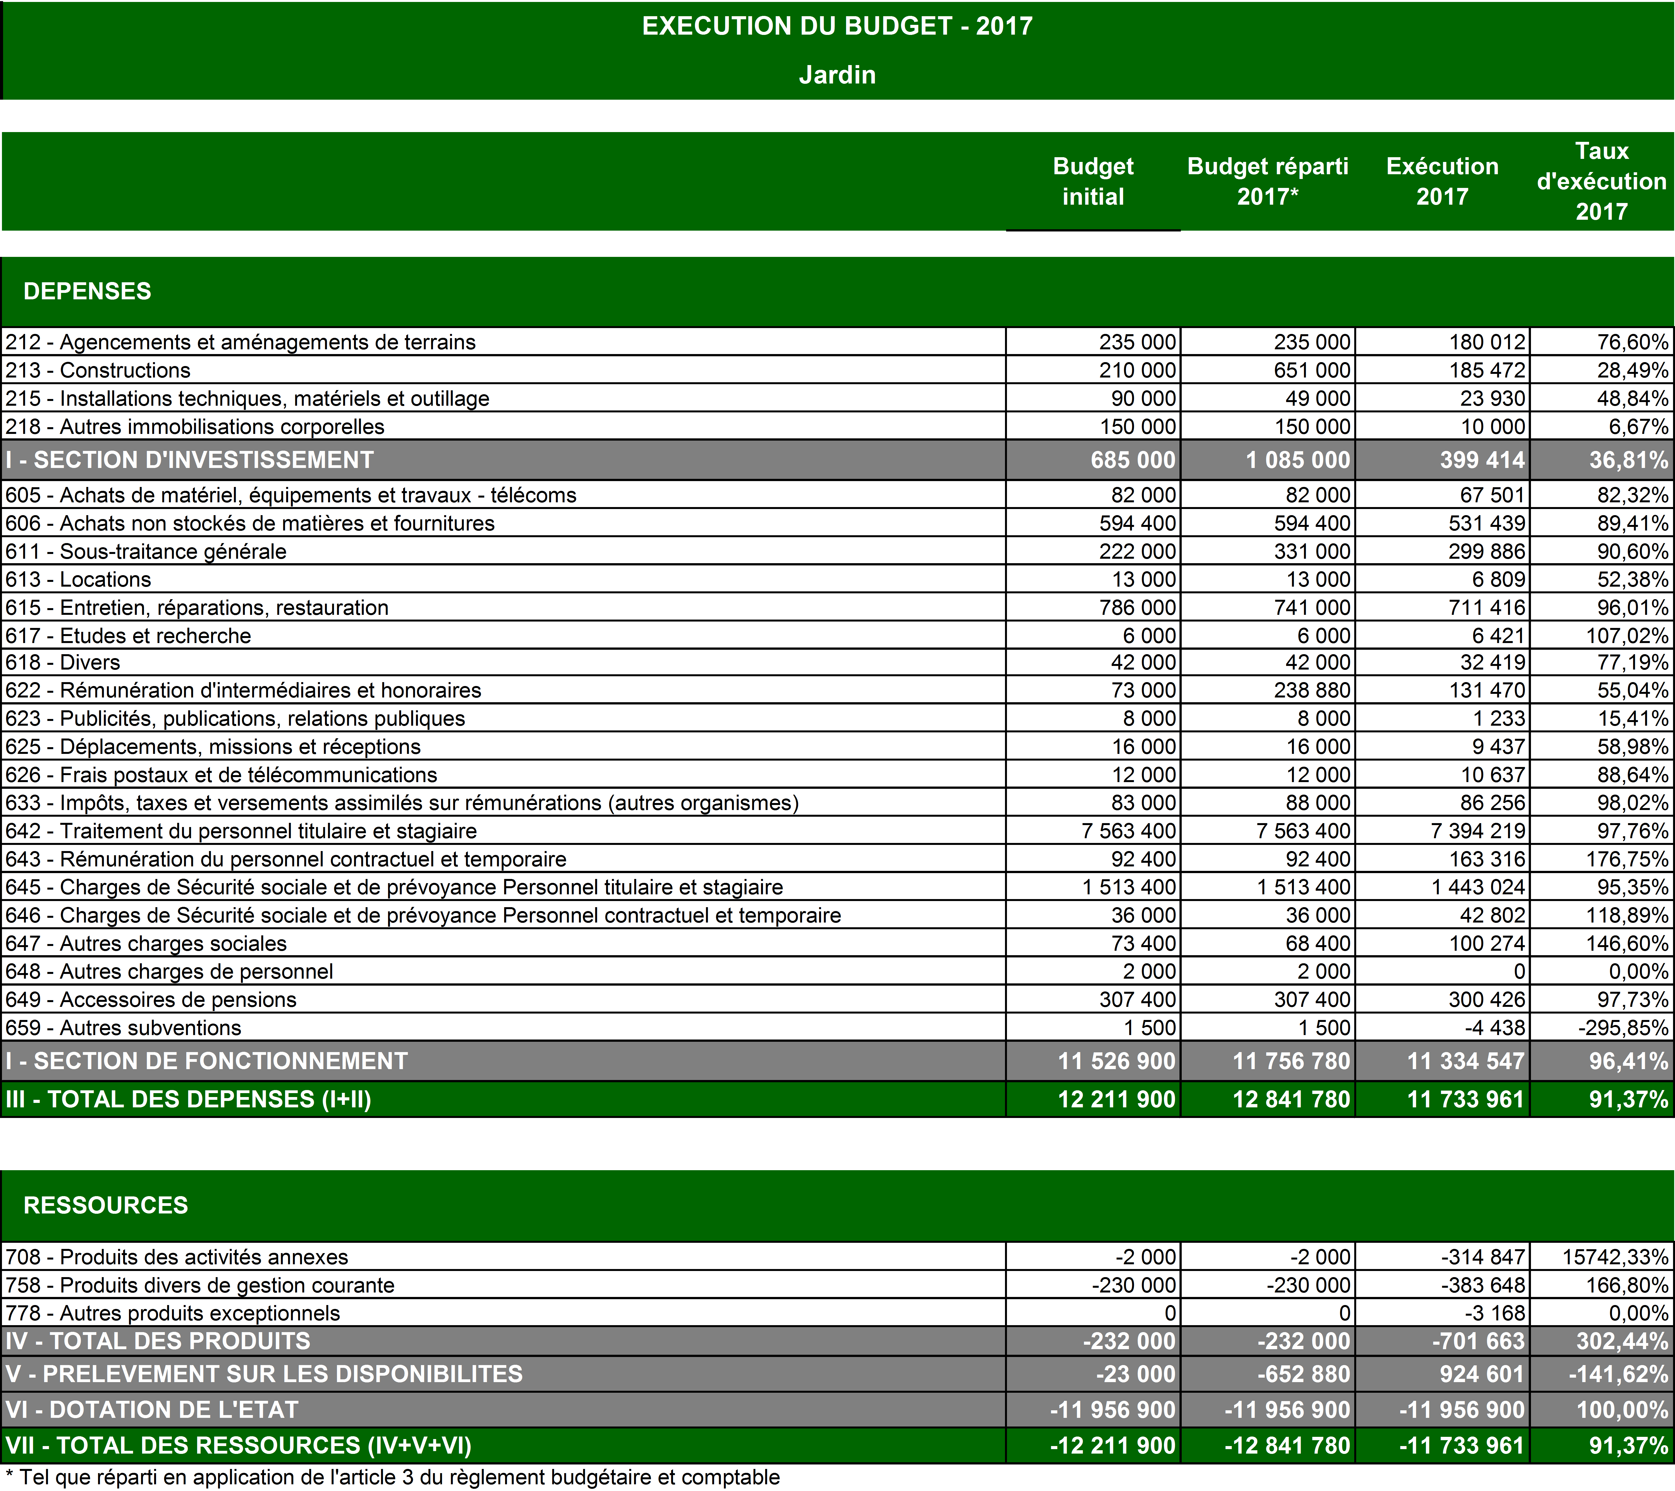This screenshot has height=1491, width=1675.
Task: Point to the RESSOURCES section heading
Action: [106, 1205]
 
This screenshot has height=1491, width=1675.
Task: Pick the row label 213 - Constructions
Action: [98, 371]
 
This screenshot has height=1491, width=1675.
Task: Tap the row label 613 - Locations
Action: [79, 580]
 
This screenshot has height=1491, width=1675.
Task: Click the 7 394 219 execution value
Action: [1478, 831]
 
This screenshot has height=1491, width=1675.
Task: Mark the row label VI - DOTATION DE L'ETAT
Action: [152, 1410]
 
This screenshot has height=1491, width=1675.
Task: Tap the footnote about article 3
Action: [393, 1478]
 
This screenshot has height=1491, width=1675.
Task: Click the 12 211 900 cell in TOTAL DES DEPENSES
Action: [1116, 1099]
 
